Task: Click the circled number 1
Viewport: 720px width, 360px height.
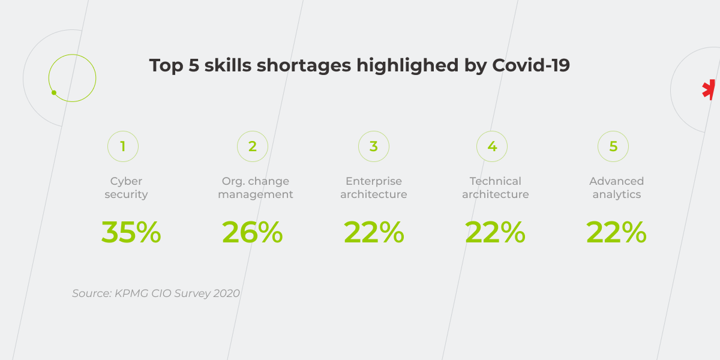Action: pos(123,146)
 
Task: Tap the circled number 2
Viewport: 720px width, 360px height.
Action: pos(253,146)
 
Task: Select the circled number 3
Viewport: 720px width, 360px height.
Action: pos(374,146)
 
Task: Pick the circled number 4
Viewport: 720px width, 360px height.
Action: pos(492,146)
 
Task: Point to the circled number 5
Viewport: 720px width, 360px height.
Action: pos(613,146)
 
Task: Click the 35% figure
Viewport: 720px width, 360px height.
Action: pos(131,232)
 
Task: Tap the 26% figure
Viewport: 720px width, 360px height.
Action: pos(252,232)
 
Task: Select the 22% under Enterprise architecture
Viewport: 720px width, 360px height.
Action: pos(374,232)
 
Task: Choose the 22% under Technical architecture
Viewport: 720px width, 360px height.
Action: pos(495,232)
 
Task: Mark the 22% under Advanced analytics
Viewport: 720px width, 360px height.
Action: pos(616,232)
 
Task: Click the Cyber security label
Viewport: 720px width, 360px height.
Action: pos(126,188)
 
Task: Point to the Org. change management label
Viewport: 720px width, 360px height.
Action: pos(256,188)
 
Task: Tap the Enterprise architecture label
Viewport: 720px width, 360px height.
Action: pos(374,188)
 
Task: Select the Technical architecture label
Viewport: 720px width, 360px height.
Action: pos(496,188)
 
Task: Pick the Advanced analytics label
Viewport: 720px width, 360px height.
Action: pos(617,188)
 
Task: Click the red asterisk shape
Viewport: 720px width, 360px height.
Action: pos(709,89)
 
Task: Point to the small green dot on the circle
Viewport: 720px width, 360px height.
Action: pos(54,93)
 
